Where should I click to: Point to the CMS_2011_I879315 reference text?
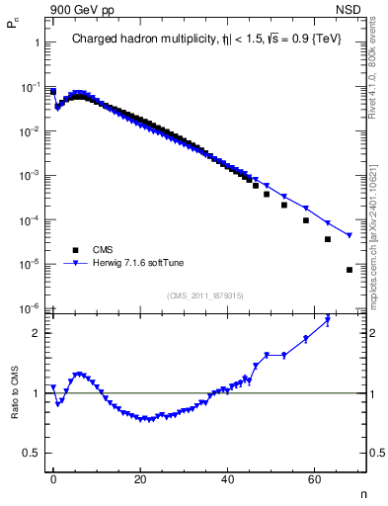click(204, 295)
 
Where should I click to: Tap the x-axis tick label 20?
click(140, 478)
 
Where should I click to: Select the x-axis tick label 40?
click(227, 478)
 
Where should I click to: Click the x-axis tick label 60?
click(314, 478)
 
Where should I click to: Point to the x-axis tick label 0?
click(53, 478)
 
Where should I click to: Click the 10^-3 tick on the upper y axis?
click(32, 175)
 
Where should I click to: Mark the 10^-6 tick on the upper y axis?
click(32, 308)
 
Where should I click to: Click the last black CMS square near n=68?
click(349, 270)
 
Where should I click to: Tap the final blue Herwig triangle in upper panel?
click(349, 235)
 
